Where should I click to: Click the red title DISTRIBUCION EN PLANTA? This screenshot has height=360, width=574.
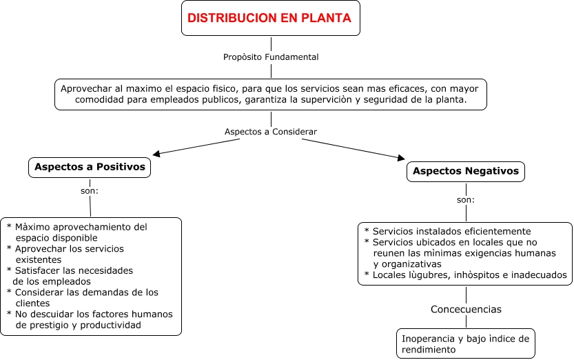(269, 19)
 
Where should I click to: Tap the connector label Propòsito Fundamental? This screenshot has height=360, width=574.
(271, 57)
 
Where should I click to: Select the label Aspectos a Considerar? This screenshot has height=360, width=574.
(271, 132)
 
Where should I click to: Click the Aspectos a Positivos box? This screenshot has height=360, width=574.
(90, 167)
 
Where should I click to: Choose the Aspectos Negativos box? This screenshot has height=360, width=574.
(467, 171)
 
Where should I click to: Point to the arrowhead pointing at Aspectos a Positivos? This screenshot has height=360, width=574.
(156, 154)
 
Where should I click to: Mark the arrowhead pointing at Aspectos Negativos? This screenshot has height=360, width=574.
(401, 158)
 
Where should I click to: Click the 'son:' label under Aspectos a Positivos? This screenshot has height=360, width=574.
(90, 190)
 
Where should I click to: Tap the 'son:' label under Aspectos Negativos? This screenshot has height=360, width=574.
(466, 200)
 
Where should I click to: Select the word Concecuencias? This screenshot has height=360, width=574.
(466, 309)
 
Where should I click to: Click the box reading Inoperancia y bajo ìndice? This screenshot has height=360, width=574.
(466, 343)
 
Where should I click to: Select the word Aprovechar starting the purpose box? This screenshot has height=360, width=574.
(85, 89)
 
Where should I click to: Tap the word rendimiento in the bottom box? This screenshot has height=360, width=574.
(428, 350)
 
